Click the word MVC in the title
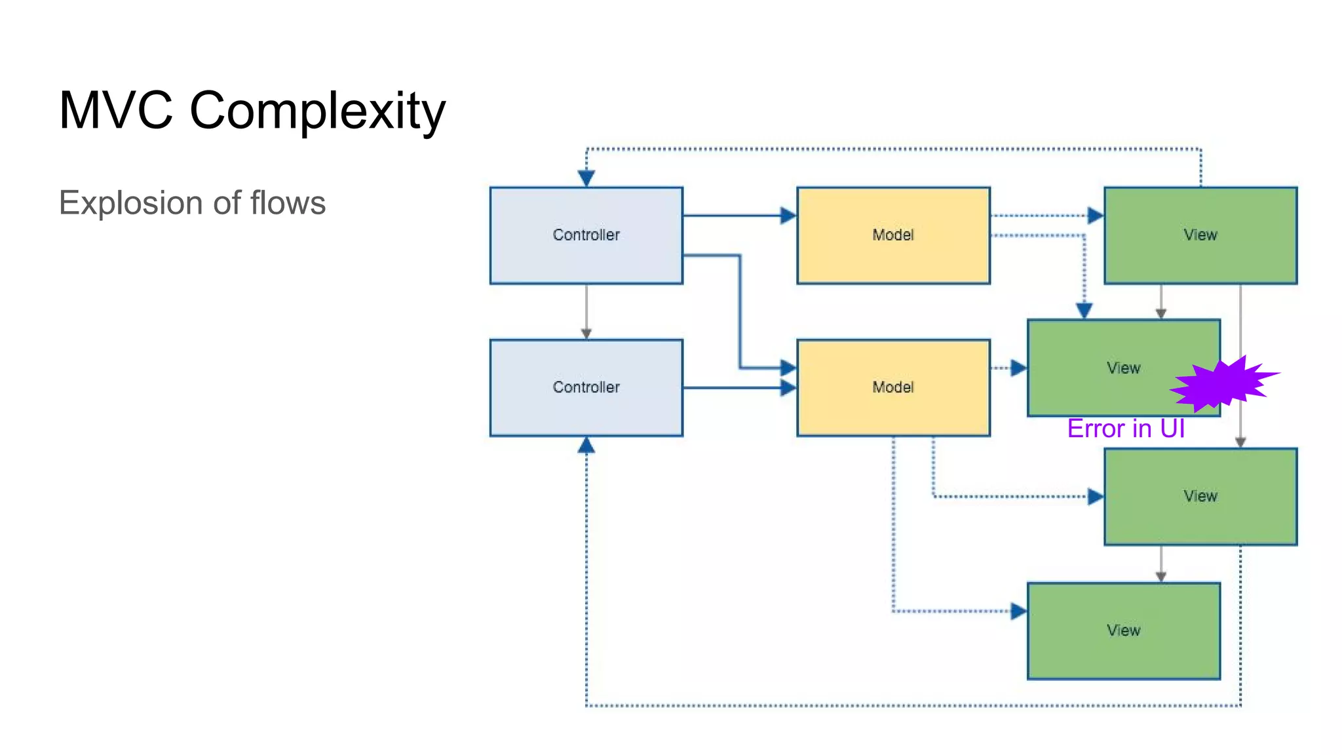tap(115, 110)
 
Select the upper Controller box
tap(586, 235)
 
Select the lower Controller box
tap(586, 387)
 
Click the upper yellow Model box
tap(892, 235)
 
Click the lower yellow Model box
tap(892, 387)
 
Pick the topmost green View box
tap(1200, 235)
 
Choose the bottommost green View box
tap(1123, 630)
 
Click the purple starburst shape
tap(1220, 385)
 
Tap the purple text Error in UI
tap(1125, 429)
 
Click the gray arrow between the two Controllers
tap(586, 311)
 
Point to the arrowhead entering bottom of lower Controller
tap(586, 446)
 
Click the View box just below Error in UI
tap(1200, 496)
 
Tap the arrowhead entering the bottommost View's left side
tap(1018, 611)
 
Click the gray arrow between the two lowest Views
tap(1160, 563)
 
